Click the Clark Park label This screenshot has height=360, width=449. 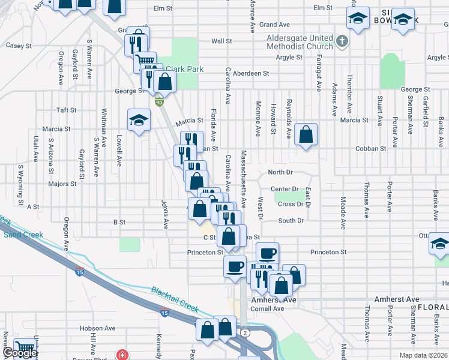pos(185,69)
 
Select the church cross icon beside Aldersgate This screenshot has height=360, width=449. pos(342,41)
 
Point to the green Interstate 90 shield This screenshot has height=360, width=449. pos(158,103)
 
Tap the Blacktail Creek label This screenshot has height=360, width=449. pos(175,298)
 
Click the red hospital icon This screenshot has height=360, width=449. pos(123,355)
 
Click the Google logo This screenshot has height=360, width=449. pos(20,353)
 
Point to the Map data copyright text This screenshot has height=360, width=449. pos(424,355)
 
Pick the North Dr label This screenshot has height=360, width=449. pos(280,172)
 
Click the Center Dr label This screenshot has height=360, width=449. pos(285,189)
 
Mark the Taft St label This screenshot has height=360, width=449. pos(66,110)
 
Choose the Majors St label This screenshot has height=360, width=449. pos(62,184)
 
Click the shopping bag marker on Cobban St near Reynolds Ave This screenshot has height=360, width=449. pos(306,136)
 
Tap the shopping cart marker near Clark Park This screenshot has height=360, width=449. pos(145,62)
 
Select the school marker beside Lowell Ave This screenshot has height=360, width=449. pos(139,121)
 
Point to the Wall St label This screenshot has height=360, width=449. pos(221,41)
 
